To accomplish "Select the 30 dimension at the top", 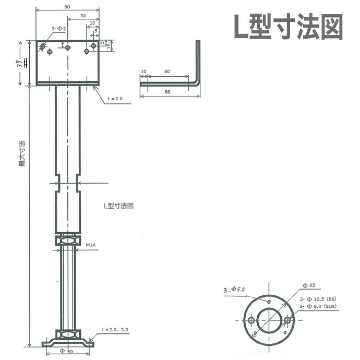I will (x=83, y=16).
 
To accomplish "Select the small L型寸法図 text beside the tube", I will (x=118, y=206).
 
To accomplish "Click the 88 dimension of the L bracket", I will (x=167, y=92).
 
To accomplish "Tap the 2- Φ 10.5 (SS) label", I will (x=319, y=298).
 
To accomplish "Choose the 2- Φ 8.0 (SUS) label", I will (x=320, y=308).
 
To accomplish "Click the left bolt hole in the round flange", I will (x=251, y=319).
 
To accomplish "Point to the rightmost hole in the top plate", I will (x=93, y=46).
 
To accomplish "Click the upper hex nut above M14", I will (x=68, y=239).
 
